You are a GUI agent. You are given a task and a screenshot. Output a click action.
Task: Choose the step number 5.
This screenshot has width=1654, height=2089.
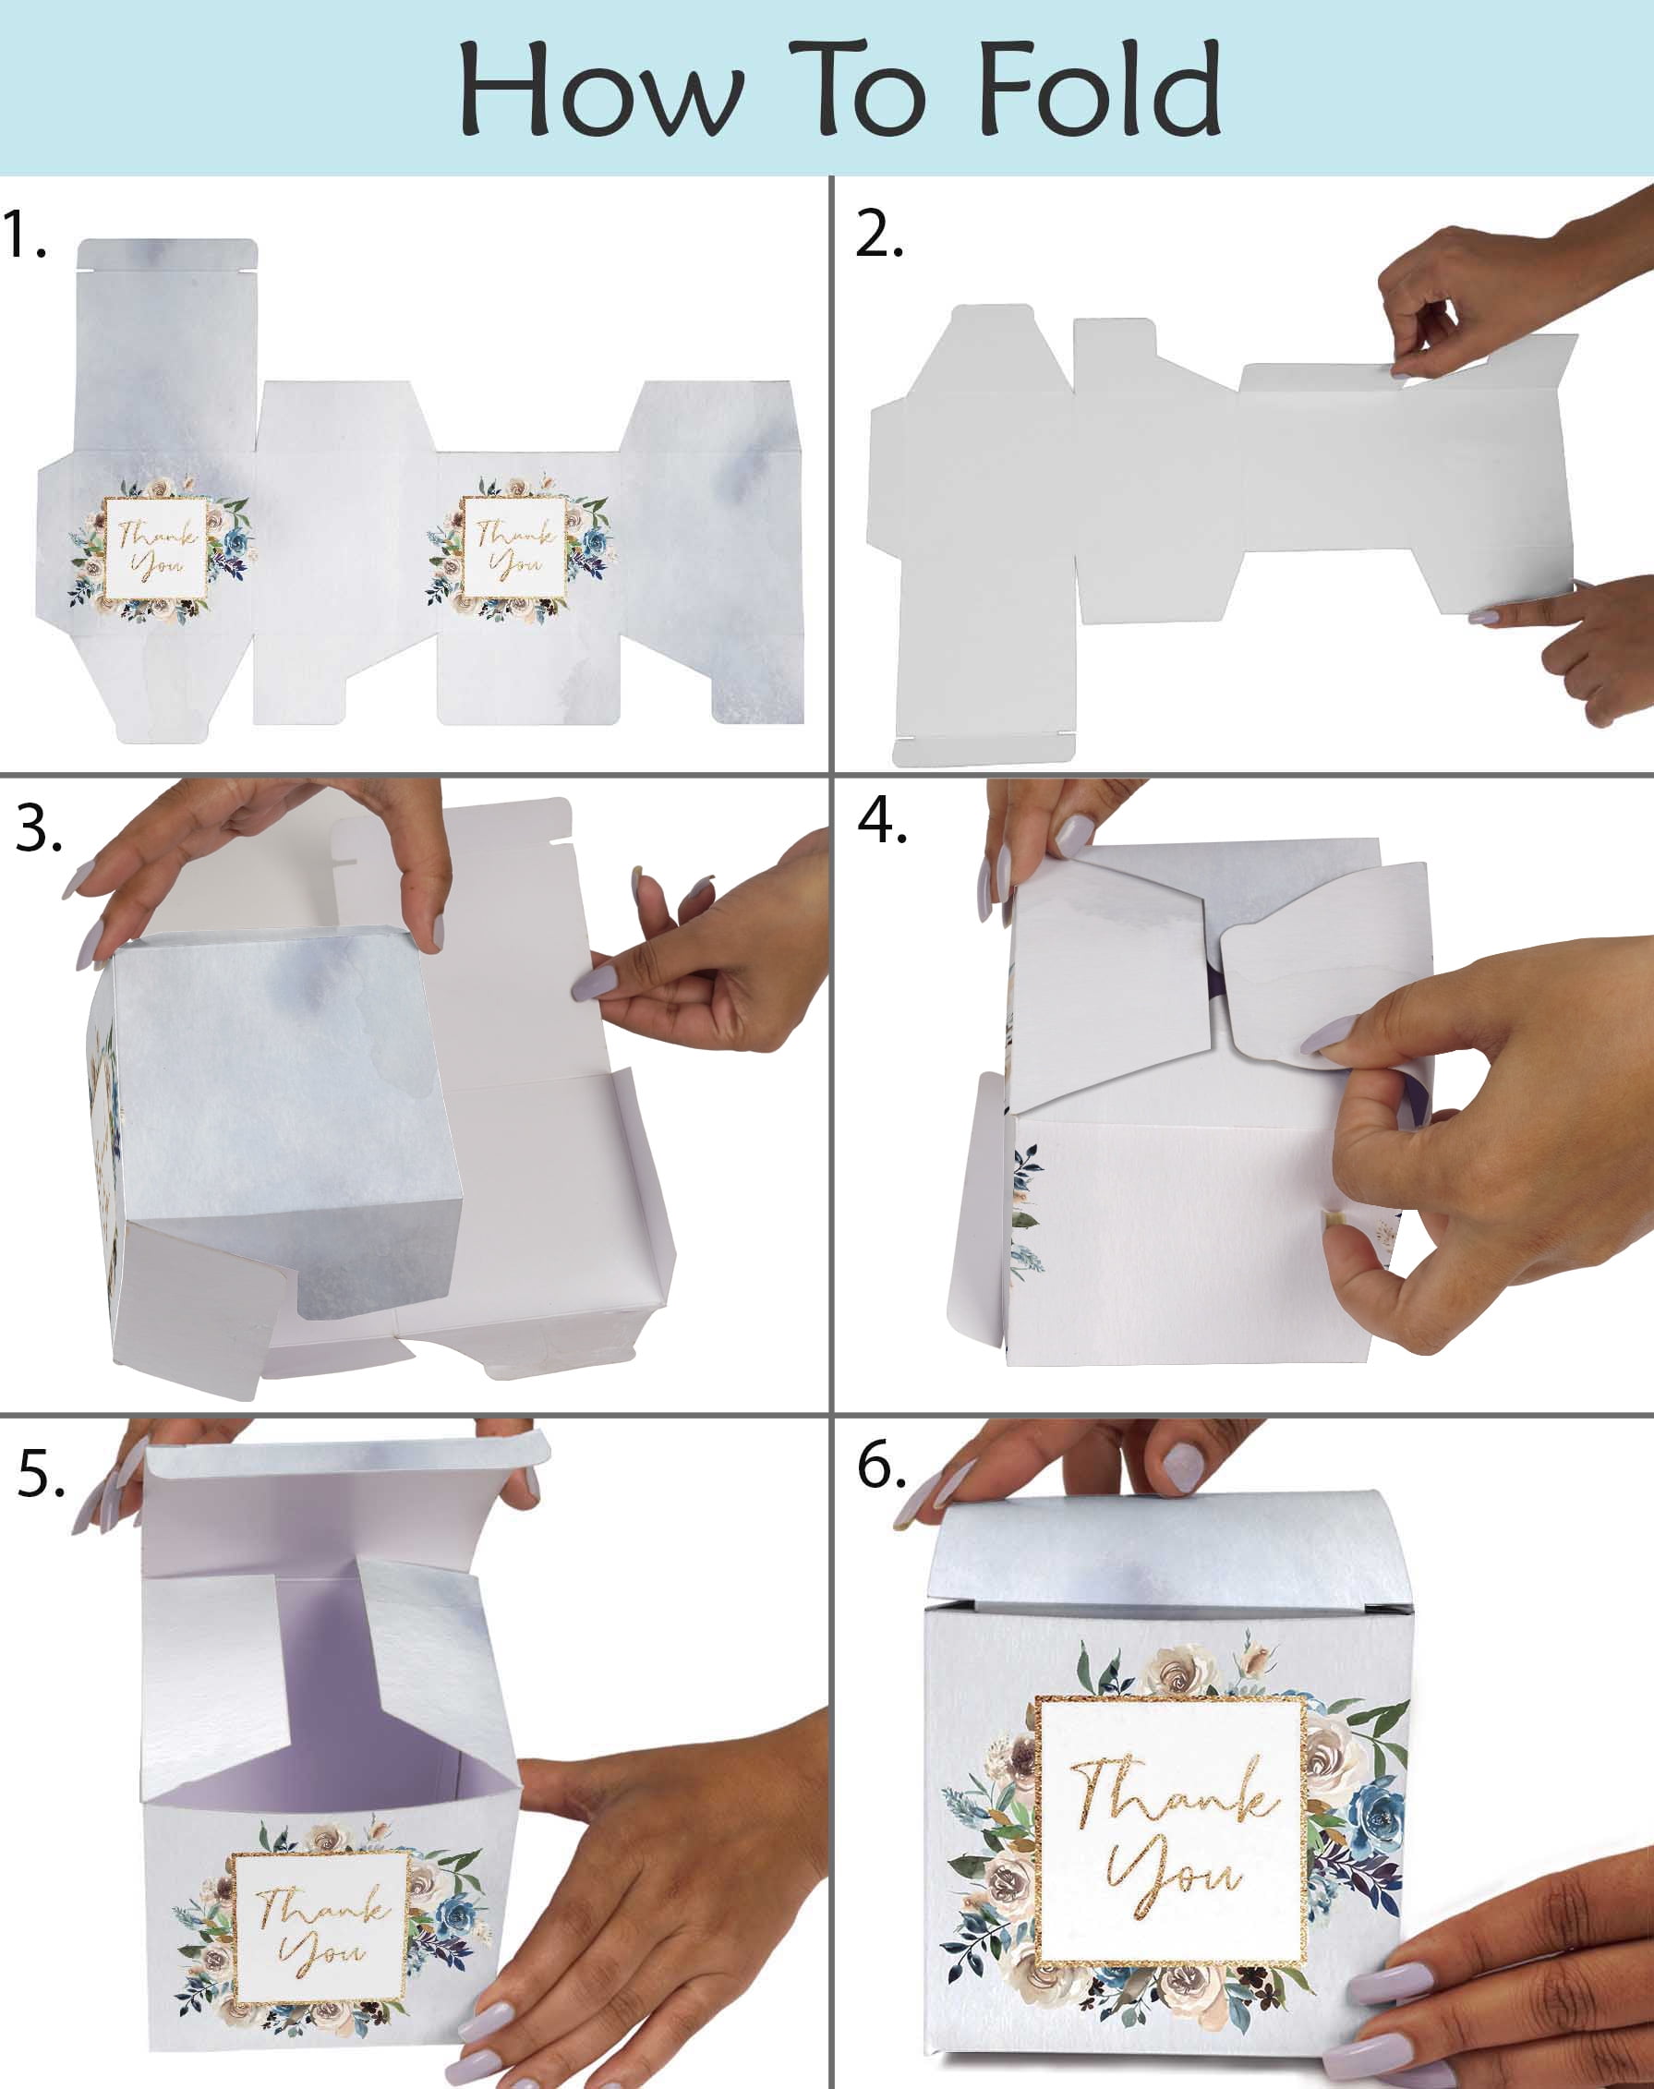tap(41, 1474)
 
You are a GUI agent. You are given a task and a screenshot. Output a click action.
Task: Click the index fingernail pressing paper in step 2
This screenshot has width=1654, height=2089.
tap(1481, 616)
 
